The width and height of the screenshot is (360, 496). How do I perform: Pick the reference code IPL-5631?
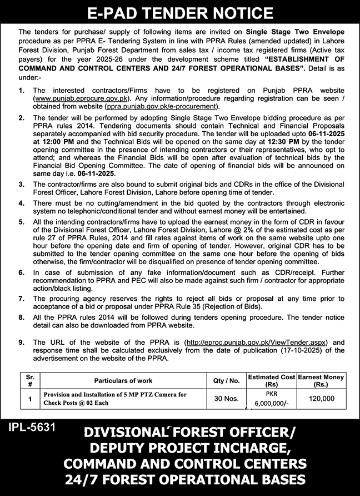[x=32, y=429]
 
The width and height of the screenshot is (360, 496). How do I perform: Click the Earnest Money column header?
[x=321, y=381]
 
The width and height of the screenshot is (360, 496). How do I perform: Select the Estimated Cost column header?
[x=271, y=381]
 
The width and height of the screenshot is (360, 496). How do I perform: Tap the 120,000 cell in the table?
[x=321, y=399]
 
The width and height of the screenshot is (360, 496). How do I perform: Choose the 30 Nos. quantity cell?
[x=227, y=399]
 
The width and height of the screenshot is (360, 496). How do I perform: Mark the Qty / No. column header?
[x=227, y=381]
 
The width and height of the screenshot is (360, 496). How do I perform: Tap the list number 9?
[x=21, y=343]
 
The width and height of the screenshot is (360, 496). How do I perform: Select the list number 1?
[x=21, y=90]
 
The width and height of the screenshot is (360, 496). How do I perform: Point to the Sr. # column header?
[x=30, y=381]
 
